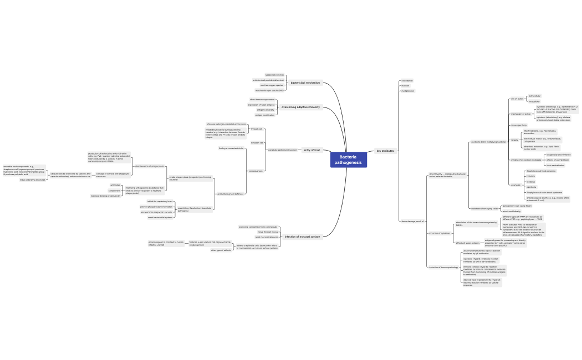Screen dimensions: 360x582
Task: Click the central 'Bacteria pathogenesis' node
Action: point(349,160)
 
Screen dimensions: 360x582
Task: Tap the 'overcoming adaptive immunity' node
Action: point(300,107)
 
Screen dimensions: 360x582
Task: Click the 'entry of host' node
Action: point(312,150)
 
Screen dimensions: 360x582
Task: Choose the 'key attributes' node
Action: point(385,151)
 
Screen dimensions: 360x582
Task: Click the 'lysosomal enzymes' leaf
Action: point(274,75)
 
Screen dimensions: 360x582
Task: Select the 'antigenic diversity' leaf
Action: point(266,110)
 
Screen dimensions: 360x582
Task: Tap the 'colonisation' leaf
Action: point(407,81)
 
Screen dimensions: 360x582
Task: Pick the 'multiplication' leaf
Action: point(408,91)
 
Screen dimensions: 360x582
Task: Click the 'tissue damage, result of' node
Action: point(412,221)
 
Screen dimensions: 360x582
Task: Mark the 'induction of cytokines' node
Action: point(440,233)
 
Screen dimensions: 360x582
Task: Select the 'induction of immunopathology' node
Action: point(443,268)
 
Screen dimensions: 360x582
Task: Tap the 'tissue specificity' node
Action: point(519,125)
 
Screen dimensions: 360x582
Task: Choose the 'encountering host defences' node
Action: point(231,194)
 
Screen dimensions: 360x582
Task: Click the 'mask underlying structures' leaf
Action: point(33,180)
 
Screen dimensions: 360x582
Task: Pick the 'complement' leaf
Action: point(114,191)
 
